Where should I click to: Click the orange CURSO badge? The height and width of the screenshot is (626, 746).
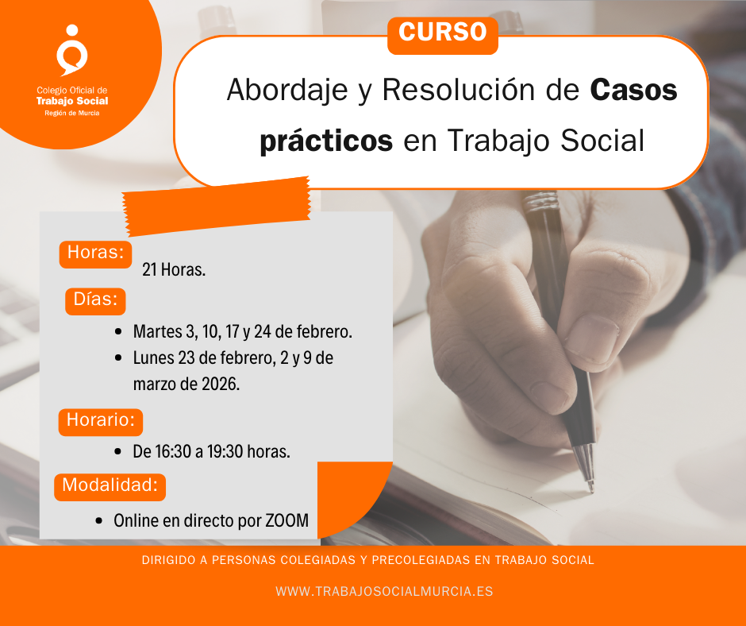[x=442, y=33]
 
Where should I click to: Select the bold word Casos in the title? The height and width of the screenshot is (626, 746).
[x=634, y=90]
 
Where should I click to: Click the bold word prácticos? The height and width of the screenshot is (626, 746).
[x=326, y=141]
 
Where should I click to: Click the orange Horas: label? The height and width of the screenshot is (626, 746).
[x=95, y=253]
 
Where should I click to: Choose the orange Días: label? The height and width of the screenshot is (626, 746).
[x=95, y=299]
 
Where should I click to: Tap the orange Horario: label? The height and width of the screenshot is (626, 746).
[x=100, y=420]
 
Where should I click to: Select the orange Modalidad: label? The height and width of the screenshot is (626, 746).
[x=110, y=485]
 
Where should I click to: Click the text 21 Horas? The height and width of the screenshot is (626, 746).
[x=174, y=270]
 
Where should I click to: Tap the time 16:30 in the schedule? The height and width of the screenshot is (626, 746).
[x=172, y=452]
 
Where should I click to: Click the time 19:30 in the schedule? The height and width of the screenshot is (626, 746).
[x=224, y=452]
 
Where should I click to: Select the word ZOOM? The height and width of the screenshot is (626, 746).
[x=286, y=522]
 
